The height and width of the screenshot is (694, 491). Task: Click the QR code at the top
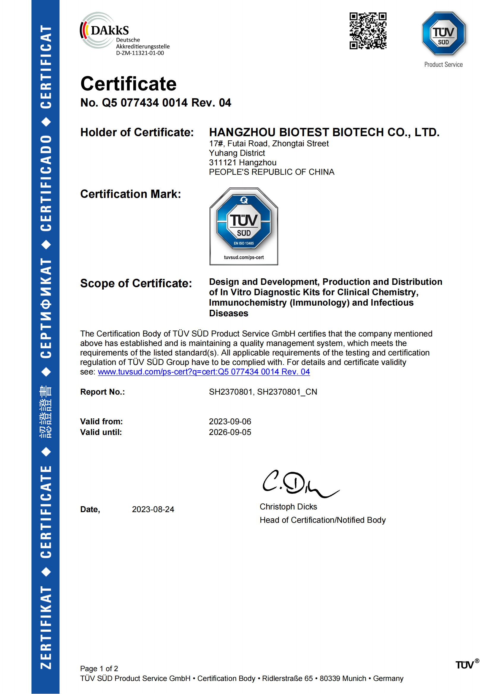[368, 31]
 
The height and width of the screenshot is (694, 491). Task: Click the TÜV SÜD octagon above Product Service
[443, 34]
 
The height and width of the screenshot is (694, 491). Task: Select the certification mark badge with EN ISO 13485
[244, 226]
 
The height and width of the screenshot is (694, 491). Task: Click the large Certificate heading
[128, 84]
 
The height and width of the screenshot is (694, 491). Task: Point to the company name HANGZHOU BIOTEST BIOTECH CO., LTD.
[324, 132]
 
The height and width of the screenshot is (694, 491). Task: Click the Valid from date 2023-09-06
[230, 421]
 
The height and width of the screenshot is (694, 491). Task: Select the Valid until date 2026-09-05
[230, 432]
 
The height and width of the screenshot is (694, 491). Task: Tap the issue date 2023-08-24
[153, 509]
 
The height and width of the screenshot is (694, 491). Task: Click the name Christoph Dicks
[288, 506]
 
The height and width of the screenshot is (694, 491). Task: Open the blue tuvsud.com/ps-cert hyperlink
[204, 372]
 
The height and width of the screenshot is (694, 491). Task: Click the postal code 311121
[223, 163]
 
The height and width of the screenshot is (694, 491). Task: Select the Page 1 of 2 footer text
[99, 668]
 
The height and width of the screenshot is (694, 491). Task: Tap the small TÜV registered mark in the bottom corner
[467, 665]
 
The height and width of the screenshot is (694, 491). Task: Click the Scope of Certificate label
[136, 283]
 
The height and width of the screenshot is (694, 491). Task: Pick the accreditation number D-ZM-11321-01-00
[140, 53]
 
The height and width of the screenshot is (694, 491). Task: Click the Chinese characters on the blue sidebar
[46, 412]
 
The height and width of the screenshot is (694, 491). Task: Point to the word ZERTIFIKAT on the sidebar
[46, 627]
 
